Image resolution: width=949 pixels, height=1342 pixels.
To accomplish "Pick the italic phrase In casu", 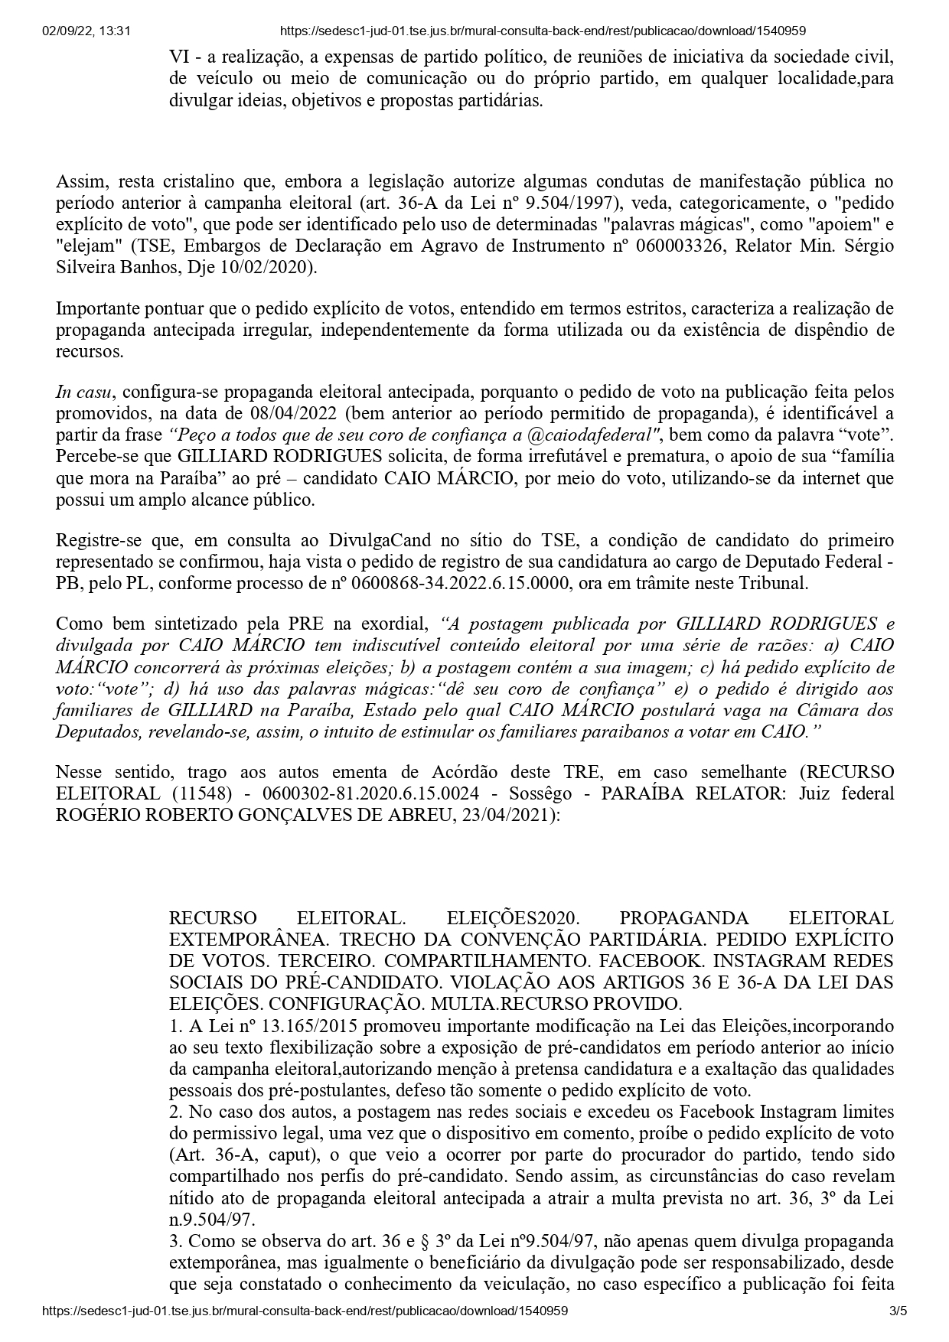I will [84, 392].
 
